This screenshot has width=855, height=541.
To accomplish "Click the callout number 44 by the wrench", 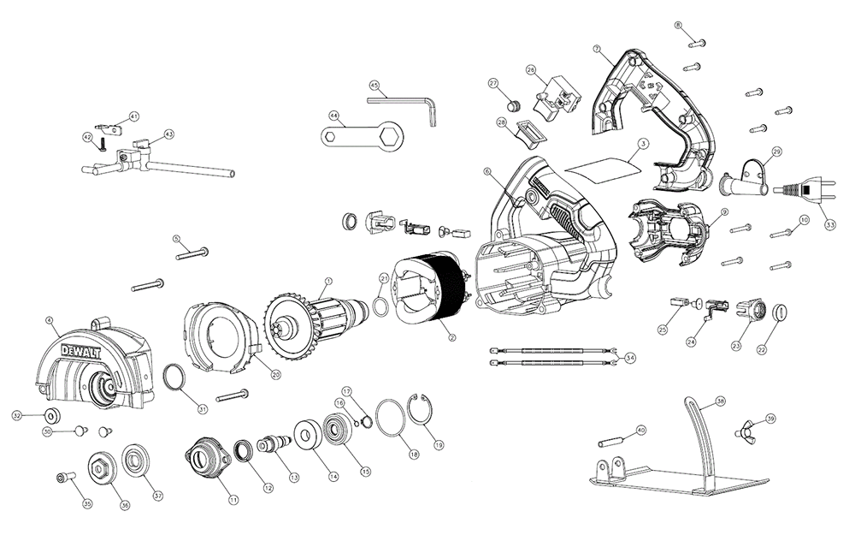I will tap(333, 115).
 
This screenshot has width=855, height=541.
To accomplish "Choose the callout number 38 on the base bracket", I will tap(720, 401).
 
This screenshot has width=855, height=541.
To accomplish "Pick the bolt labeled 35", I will tap(63, 477).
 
